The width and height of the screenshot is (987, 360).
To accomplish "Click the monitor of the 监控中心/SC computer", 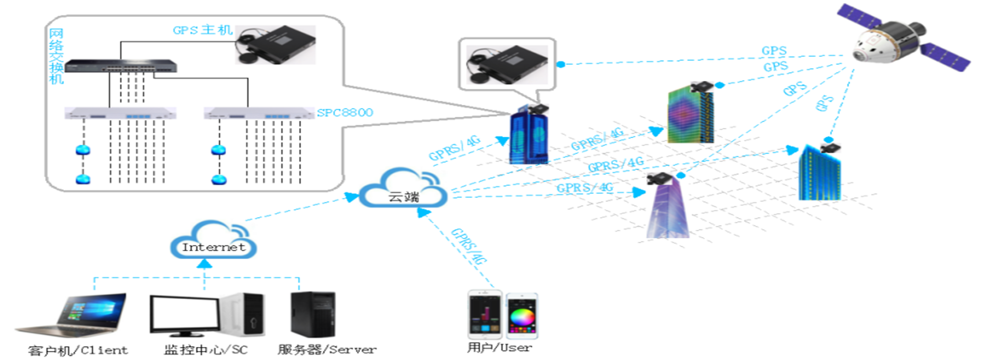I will coord(185,315).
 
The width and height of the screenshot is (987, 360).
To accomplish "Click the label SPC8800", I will coord(345,113).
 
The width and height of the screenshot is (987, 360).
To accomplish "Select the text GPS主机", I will coord(203,30).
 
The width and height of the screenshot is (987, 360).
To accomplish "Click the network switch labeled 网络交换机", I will coord(121,66).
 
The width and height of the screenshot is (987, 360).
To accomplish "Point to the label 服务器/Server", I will coord(327,350).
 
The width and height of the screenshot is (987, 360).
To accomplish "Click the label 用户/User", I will coord(499,348).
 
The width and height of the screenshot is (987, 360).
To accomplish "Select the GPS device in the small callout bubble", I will coord(506,64).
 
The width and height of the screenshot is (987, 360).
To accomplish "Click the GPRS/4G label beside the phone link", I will coord(468,246).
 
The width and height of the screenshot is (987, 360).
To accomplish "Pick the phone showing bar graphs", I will coord(484,315).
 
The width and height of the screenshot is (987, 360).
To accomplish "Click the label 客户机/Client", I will coord(78,351).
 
